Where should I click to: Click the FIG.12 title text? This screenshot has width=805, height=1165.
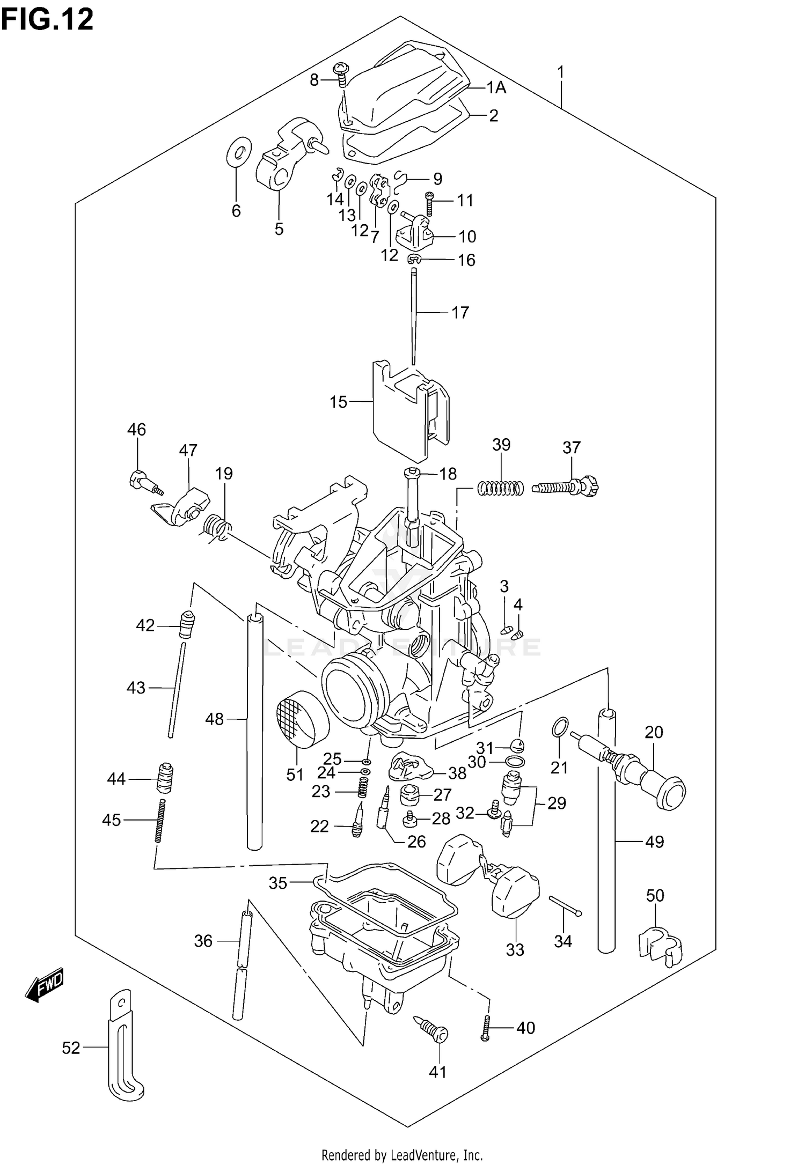coord(47,19)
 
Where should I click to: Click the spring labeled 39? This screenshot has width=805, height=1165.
coord(501,488)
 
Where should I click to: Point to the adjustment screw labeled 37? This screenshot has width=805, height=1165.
coord(566,487)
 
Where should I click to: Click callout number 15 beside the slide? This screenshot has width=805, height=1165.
coord(338,402)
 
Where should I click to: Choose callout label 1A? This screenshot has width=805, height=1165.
coord(496,87)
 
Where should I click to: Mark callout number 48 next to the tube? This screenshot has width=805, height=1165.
coord(214,719)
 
